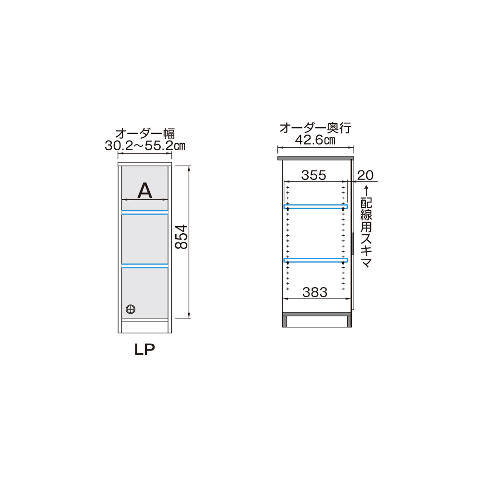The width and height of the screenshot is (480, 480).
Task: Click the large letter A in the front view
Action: click(x=145, y=190)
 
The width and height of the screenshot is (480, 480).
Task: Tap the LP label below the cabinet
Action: click(x=145, y=349)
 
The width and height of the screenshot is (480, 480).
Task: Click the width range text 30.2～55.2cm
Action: click(x=145, y=146)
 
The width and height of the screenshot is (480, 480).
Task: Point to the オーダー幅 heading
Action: click(x=145, y=134)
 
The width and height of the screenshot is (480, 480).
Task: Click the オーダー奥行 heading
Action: click(x=315, y=128)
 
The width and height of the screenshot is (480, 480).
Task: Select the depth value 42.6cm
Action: click(x=315, y=140)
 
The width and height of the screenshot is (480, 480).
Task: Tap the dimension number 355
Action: click(x=314, y=175)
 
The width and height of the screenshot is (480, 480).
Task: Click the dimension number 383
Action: click(x=315, y=292)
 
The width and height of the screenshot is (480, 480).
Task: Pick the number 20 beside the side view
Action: click(x=365, y=175)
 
